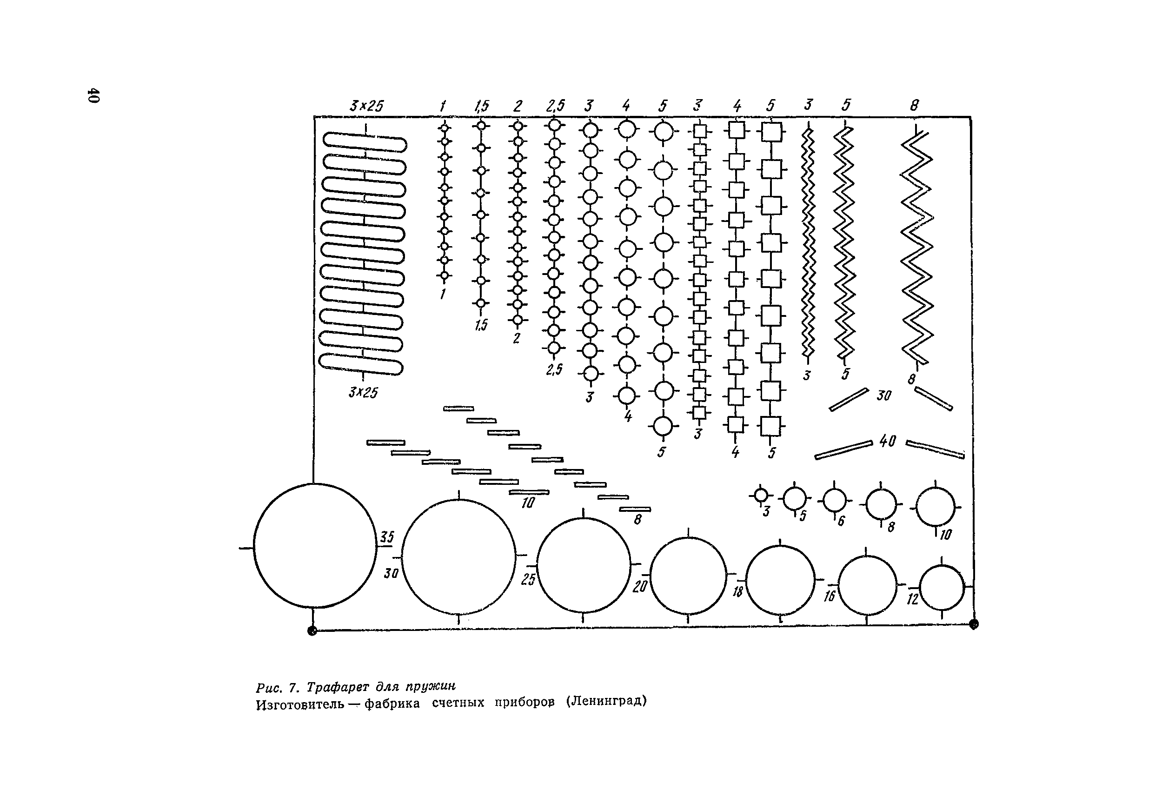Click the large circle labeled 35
tap(314, 546)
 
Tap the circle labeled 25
tap(583, 565)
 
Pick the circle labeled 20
tap(688, 576)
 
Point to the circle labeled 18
tap(780, 581)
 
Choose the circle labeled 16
tap(868, 585)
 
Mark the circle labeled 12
tap(942, 588)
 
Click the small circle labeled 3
tap(761, 495)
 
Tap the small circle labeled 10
tap(935, 507)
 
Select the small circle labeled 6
tap(834, 501)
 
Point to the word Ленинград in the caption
tap(606, 702)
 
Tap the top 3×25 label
tap(366, 106)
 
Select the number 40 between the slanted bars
tap(887, 442)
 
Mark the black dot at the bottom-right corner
tap(973, 624)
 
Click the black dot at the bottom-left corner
tap(312, 630)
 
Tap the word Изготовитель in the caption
tap(300, 704)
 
